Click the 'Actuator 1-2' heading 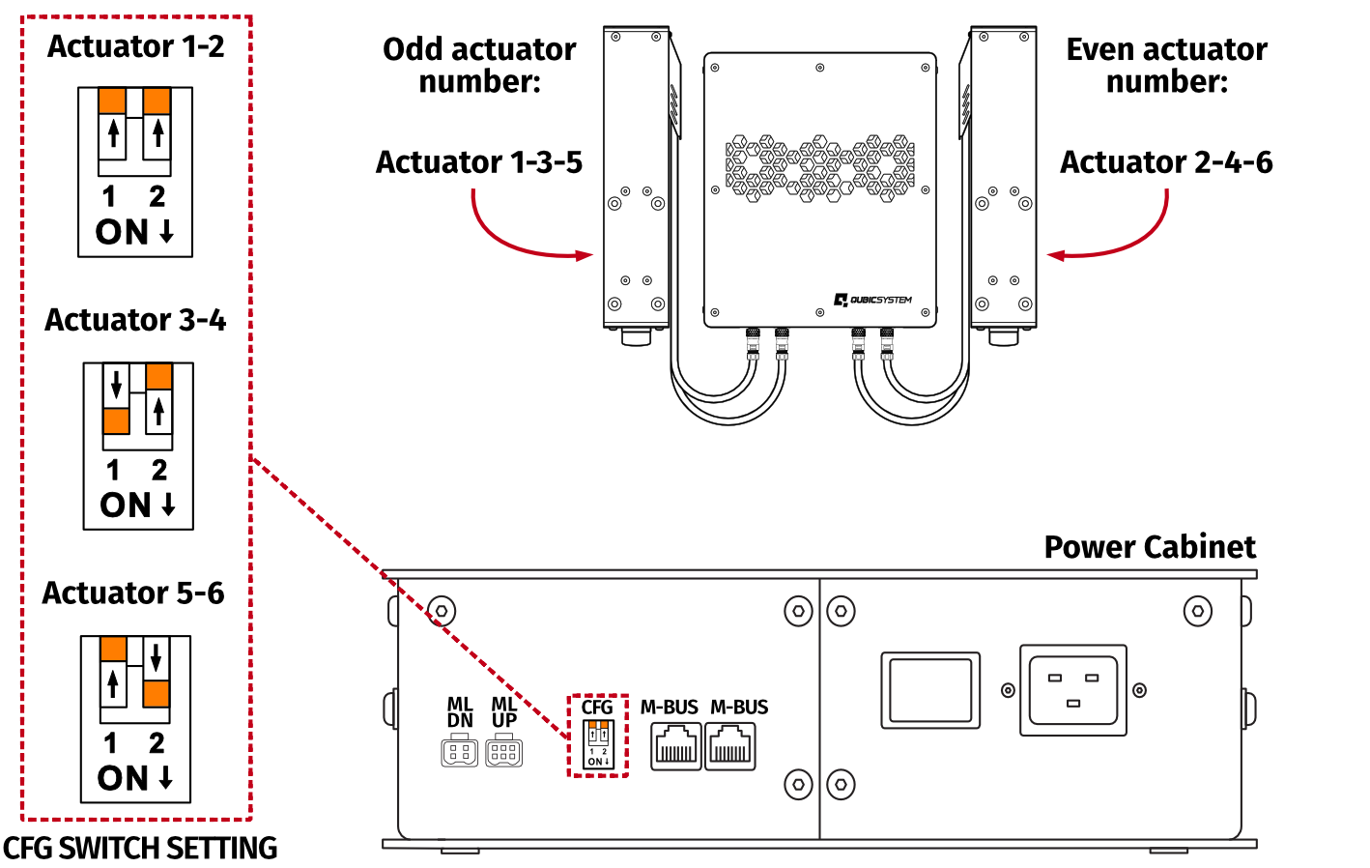(135, 46)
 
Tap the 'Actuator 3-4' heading (135, 320)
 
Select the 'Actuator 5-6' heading (133, 593)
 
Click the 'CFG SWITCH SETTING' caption (140, 848)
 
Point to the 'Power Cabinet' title (1150, 547)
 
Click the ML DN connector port (460, 751)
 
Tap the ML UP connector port (504, 751)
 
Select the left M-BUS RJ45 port (675, 746)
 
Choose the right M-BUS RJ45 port (730, 746)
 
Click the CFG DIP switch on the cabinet (598, 744)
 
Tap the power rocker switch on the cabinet (930, 690)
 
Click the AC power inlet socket (1073, 690)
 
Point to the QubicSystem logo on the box (873, 300)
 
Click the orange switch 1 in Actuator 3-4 (117, 420)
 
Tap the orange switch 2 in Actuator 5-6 (156, 693)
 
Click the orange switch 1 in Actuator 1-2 (113, 101)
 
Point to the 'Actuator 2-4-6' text (1166, 162)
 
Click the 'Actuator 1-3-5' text (479, 162)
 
